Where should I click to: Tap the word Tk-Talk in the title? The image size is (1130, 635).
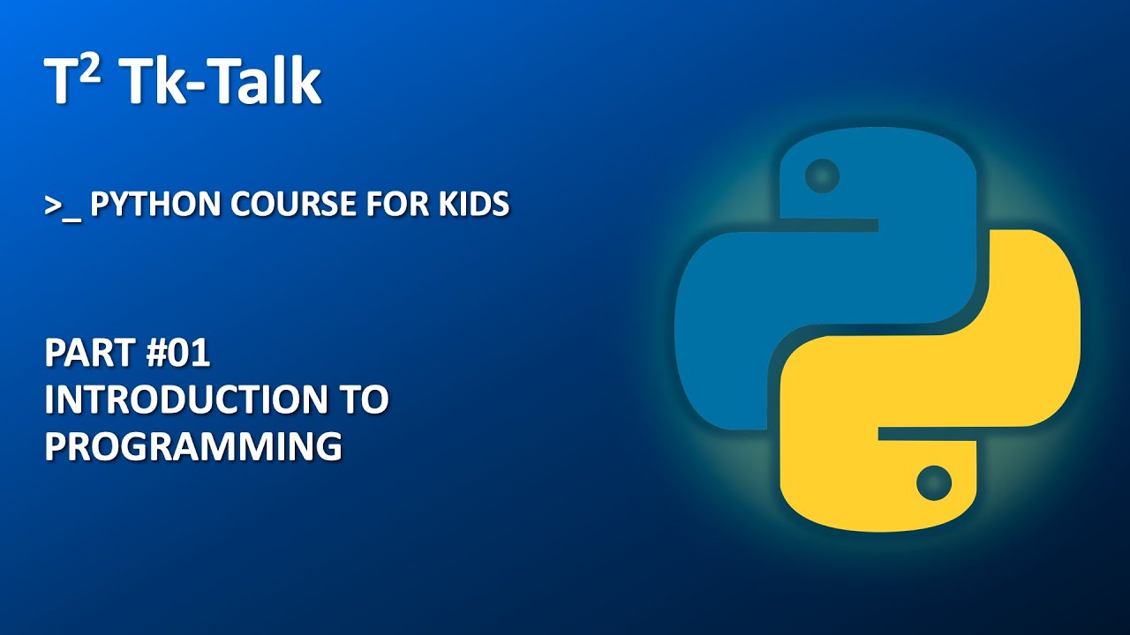[221, 84]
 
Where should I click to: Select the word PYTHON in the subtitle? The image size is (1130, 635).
[156, 205]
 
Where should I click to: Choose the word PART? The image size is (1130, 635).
[84, 355]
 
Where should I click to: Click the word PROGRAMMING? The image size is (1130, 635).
[193, 446]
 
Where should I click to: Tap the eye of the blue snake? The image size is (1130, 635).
[823, 173]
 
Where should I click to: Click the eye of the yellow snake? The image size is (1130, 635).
[933, 482]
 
